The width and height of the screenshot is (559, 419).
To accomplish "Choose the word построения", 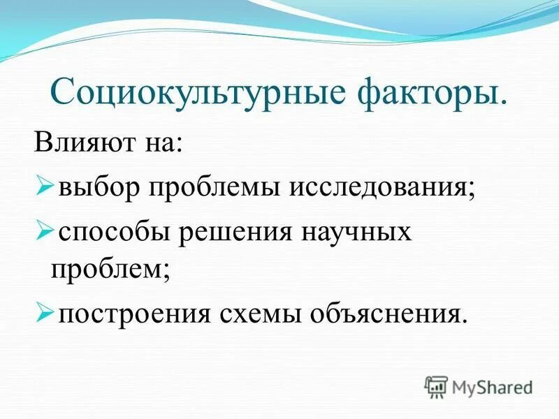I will point(134,313).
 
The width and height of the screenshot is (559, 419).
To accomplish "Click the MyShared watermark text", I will point(492,386).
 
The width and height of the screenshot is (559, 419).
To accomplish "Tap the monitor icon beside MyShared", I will point(436,386).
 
